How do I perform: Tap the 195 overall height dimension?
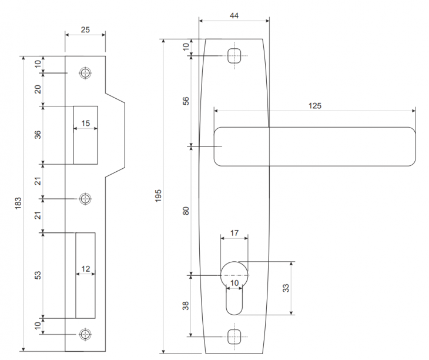coord(158,196)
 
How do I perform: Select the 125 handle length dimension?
coord(314,106)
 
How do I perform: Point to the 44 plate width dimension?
coord(234,16)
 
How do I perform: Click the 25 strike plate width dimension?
coord(85,29)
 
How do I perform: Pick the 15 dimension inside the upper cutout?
coord(85,124)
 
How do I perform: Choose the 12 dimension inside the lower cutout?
coord(85,269)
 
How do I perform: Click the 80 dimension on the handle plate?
coord(186,210)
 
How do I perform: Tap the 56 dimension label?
coord(186,101)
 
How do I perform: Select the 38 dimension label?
coord(186,306)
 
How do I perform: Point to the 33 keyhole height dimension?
coord(286,288)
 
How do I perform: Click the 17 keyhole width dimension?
coord(234,233)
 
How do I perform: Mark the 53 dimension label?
coord(37,275)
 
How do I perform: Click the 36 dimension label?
coord(37,135)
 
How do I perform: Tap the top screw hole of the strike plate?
coord(86,74)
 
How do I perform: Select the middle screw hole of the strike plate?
coord(86,198)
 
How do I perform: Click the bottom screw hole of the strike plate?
coord(86,334)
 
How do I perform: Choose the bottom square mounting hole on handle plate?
coord(234,336)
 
